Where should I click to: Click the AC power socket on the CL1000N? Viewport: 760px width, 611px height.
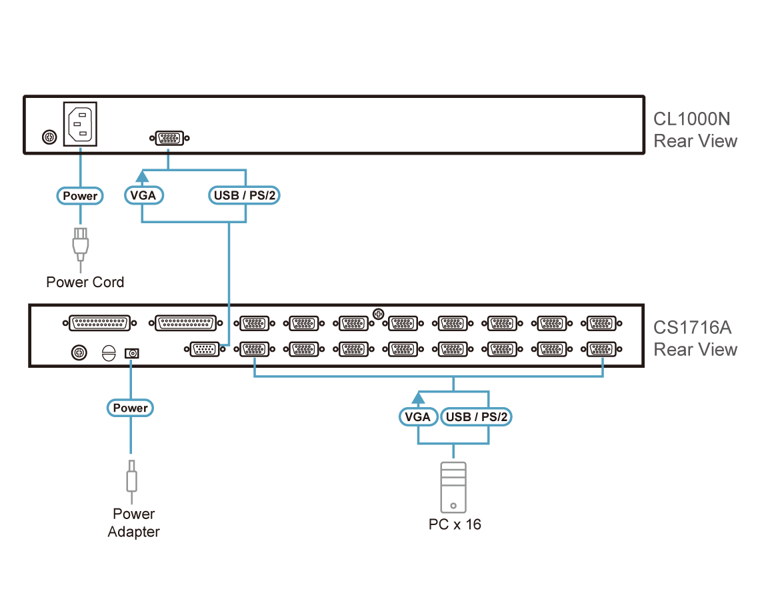click(80, 124)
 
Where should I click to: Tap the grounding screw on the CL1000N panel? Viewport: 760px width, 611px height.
click(49, 137)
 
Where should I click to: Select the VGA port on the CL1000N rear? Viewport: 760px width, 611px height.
click(169, 138)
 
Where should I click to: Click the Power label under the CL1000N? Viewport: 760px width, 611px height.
click(80, 196)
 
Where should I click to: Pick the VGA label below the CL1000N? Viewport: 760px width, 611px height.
click(144, 195)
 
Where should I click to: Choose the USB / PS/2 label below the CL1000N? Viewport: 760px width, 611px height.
click(244, 195)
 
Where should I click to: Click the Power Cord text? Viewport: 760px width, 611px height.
click(85, 282)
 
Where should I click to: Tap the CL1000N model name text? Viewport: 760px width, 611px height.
click(691, 119)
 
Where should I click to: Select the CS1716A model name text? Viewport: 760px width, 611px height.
click(692, 328)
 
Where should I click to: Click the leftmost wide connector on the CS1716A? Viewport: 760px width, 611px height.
click(100, 322)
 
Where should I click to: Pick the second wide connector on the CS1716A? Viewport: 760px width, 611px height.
click(185, 322)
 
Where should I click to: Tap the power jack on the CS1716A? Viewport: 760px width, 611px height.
click(132, 353)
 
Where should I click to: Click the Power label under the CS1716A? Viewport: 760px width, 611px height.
click(131, 408)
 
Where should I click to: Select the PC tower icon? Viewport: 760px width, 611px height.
click(453, 487)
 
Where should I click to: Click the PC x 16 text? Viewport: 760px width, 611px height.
click(455, 524)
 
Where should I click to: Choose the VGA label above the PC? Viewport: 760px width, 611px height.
click(418, 416)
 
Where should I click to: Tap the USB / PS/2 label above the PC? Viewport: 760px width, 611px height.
click(477, 416)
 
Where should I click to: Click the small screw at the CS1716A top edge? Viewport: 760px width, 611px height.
click(379, 314)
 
